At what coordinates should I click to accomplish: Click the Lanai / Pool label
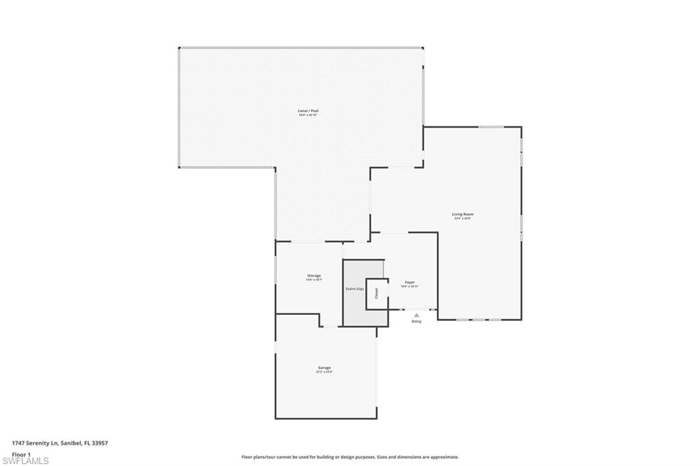tap(308, 111)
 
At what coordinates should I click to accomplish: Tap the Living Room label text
tap(463, 215)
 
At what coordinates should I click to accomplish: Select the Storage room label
tap(314, 276)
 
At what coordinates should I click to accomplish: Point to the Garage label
tap(323, 368)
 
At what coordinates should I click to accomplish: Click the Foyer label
tap(409, 282)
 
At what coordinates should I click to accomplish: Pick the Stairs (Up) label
tap(354, 289)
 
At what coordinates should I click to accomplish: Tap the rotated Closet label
tap(376, 293)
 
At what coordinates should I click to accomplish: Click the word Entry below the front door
tap(416, 321)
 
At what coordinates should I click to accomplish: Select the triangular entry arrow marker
tap(416, 314)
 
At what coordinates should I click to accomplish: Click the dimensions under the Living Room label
tap(463, 219)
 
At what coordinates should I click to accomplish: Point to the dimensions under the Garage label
tap(323, 372)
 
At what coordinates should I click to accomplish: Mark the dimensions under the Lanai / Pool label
tap(308, 115)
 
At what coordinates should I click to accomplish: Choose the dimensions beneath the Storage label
tap(314, 280)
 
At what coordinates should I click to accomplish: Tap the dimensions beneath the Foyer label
tap(409, 286)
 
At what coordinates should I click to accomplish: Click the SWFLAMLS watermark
tap(25, 461)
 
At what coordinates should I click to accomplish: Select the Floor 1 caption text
tap(21, 454)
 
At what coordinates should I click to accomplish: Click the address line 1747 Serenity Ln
tap(60, 443)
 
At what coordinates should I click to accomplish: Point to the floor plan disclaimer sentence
tap(349, 457)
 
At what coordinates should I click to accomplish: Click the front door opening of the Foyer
tap(416, 310)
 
